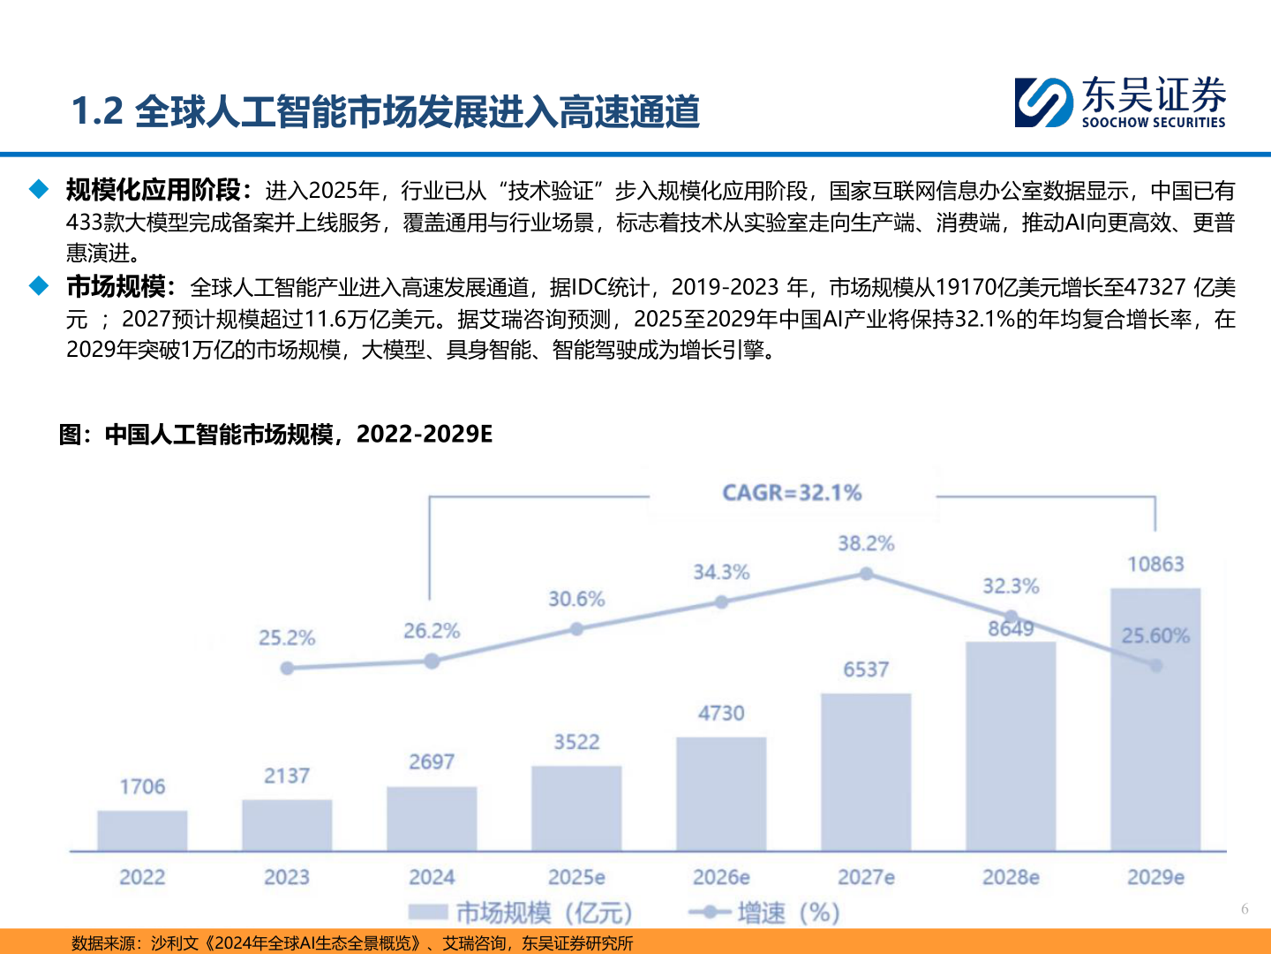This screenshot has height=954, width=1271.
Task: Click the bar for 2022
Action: click(x=142, y=830)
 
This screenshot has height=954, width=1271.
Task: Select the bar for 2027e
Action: click(x=866, y=772)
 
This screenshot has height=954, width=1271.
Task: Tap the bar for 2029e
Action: click(x=1155, y=719)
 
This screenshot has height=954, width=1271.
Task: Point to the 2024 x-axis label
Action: click(x=432, y=877)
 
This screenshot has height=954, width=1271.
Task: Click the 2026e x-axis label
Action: click(x=721, y=877)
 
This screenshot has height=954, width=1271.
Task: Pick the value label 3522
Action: click(x=576, y=742)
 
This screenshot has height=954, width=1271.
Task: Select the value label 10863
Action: click(x=1155, y=564)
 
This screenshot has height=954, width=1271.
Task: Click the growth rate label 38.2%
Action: click(x=866, y=543)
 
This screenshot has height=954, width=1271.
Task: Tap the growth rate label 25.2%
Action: click(x=287, y=638)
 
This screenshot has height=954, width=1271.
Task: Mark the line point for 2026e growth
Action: click(x=721, y=602)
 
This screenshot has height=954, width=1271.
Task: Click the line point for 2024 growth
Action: click(x=432, y=661)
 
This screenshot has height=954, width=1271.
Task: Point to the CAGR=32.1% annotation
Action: click(x=792, y=493)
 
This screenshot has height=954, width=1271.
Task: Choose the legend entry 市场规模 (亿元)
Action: click(x=521, y=912)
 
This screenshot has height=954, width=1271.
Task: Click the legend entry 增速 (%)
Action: click(x=764, y=912)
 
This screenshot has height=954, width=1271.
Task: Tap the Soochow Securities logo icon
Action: click(x=1043, y=102)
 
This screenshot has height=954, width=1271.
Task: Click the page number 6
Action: click(x=1245, y=909)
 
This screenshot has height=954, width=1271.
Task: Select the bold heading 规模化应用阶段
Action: click(x=153, y=190)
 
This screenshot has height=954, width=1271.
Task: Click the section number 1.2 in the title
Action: click(x=97, y=111)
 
